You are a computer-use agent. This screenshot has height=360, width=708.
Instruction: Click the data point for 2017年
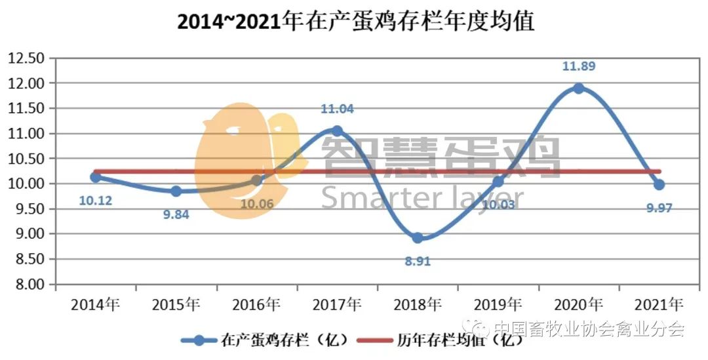[x=337, y=131]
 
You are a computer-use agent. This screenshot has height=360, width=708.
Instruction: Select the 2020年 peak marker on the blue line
[x=578, y=89]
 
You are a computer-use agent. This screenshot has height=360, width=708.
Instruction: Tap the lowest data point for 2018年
[x=418, y=237]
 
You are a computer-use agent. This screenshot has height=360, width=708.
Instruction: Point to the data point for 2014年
[x=96, y=177]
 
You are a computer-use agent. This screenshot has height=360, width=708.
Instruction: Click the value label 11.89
[x=579, y=66]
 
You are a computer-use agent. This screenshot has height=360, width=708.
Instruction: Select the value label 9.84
[x=176, y=214]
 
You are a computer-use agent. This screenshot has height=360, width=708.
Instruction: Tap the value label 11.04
[x=337, y=109]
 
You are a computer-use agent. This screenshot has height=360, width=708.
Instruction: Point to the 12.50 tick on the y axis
[x=26, y=58]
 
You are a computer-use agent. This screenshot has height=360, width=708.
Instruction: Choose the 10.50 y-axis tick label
[x=26, y=159]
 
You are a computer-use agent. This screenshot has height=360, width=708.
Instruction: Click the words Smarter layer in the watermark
[x=422, y=197]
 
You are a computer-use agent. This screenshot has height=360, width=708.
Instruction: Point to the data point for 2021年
[x=659, y=185]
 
